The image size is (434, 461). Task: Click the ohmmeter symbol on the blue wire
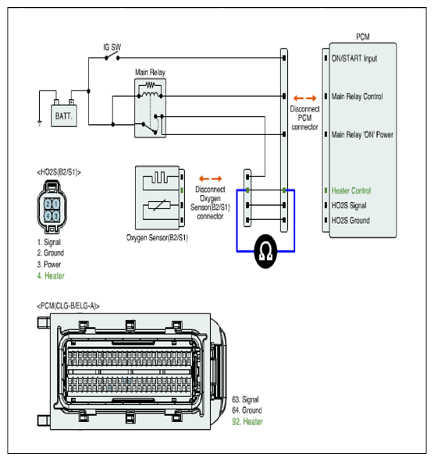[265, 251]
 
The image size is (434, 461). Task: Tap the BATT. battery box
[64, 116]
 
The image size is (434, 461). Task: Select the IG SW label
[112, 47]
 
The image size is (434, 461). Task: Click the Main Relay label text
[150, 73]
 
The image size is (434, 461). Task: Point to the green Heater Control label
[351, 191]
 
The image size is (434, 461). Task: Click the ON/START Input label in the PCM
[354, 59]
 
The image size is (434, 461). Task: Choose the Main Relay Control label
[358, 97]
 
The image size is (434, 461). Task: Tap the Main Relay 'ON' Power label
[362, 135]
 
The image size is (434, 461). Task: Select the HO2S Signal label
[349, 205]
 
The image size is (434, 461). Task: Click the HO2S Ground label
[350, 221]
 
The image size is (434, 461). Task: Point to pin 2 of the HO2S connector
[48, 204]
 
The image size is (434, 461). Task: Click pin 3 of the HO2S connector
[55, 216]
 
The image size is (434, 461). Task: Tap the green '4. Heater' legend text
[51, 276]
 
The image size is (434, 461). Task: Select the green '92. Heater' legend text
[247, 421]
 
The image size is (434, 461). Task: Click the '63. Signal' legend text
[245, 399]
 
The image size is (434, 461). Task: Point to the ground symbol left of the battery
[40, 122]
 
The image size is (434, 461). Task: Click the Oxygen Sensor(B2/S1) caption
[157, 238]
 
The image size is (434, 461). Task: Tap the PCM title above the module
[363, 37]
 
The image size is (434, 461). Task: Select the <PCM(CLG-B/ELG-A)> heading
[68, 306]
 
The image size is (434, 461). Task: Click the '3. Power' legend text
[49, 264]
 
